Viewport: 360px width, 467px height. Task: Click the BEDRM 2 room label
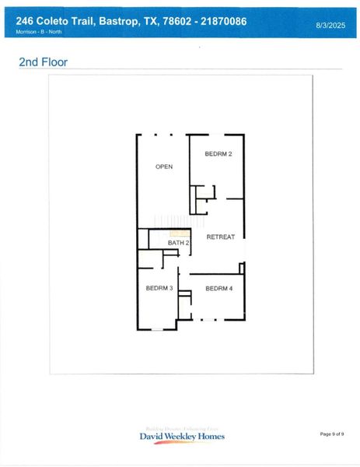tap(218, 154)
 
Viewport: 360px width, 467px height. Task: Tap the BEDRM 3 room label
tap(159, 289)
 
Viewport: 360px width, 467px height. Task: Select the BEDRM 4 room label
tap(219, 289)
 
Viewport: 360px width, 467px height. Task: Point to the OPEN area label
tap(163, 167)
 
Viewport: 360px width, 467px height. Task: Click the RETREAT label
tap(220, 237)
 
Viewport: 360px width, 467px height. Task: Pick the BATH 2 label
tap(179, 244)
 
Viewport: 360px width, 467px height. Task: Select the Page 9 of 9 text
tap(332, 434)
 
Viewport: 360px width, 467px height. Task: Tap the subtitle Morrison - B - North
tap(40, 32)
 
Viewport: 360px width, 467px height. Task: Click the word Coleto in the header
tap(54, 21)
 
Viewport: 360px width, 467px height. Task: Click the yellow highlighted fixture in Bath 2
tap(180, 233)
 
